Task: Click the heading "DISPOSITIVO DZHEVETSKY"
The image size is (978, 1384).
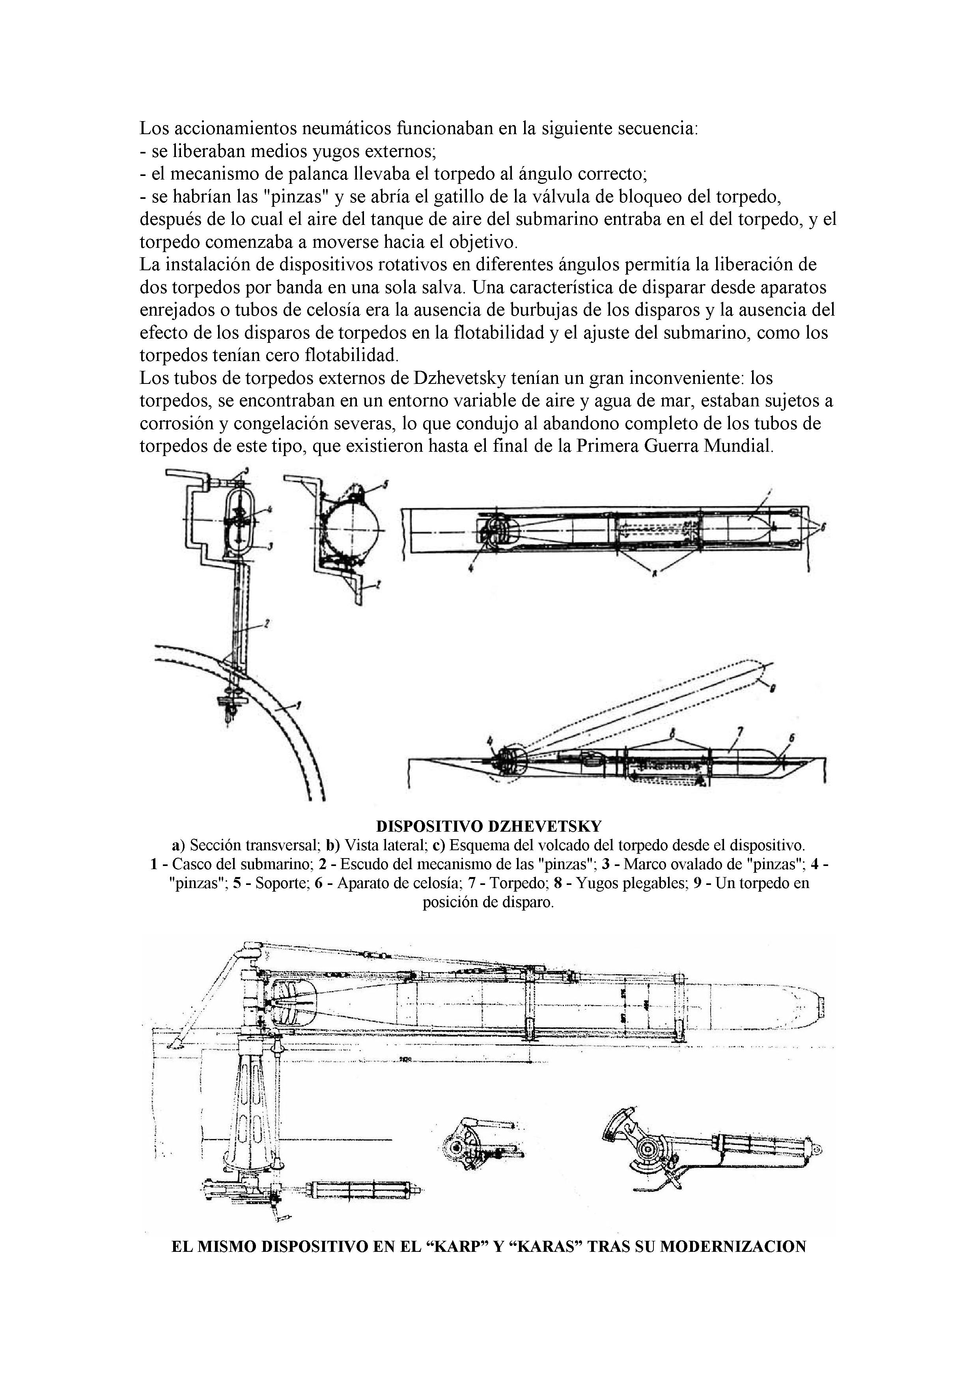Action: (488, 825)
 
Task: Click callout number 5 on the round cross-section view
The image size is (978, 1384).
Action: (386, 483)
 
